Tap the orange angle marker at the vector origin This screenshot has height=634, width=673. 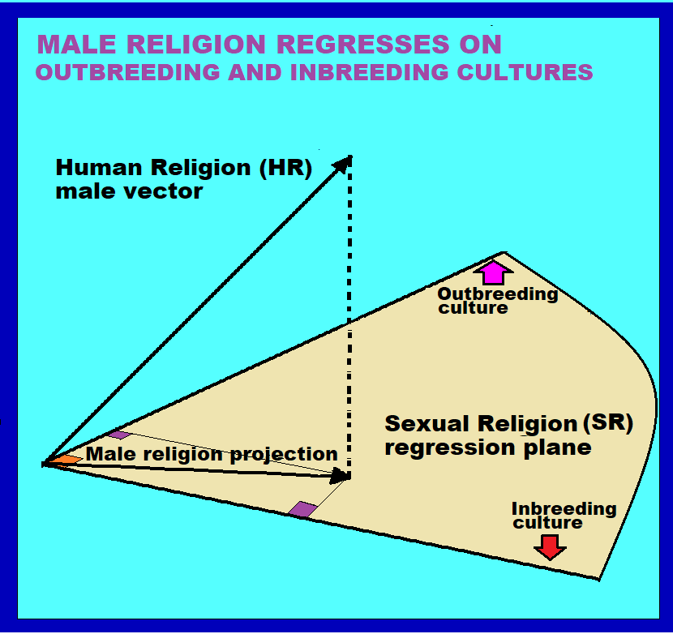tap(63, 460)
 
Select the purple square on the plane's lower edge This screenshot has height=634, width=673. tap(302, 509)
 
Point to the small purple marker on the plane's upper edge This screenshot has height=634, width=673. tap(118, 435)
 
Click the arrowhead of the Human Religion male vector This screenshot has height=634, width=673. tap(343, 162)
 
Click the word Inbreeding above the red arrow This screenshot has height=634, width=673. tap(564, 509)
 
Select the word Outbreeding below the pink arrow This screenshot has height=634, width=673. tap(498, 294)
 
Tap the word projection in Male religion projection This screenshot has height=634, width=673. tap(284, 455)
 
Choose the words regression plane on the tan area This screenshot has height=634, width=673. tap(487, 448)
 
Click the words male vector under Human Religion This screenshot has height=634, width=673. tap(129, 192)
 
